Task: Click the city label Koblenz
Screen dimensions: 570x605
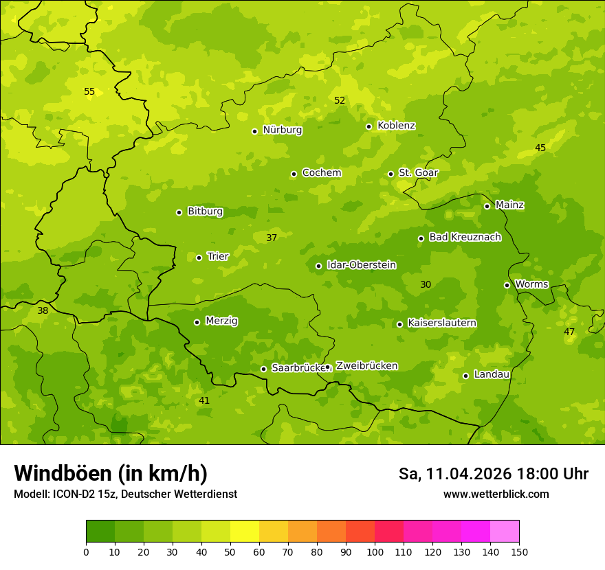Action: click(396, 126)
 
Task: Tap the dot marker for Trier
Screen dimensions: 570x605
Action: click(199, 258)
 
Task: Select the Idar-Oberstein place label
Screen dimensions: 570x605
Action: click(361, 265)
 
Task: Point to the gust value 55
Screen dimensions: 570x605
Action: click(89, 91)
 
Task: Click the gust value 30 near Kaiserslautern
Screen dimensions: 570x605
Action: click(426, 284)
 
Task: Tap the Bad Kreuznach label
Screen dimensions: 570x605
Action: click(465, 237)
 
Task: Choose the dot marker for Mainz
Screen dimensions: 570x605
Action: click(487, 206)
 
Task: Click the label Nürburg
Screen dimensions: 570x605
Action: click(282, 130)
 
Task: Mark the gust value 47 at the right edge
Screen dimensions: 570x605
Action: click(569, 332)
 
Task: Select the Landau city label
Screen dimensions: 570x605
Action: click(492, 374)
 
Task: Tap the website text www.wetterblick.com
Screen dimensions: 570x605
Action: click(496, 494)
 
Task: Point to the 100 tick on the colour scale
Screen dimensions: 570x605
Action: click(375, 551)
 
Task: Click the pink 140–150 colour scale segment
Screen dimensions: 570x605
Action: click(505, 532)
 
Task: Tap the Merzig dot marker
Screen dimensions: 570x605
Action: click(197, 322)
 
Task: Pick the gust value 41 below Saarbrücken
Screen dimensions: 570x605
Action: click(204, 400)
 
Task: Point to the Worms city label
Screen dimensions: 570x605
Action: click(531, 284)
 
